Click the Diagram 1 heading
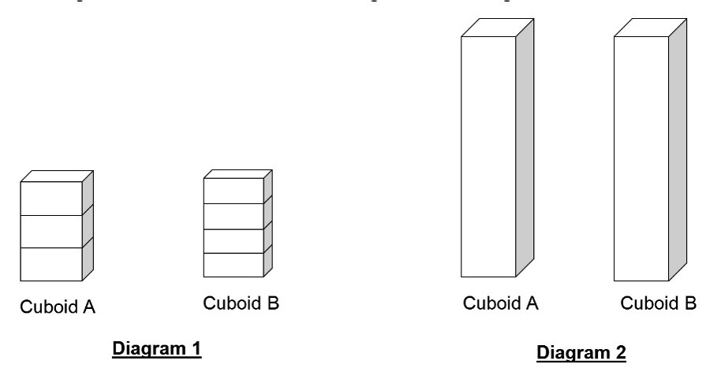(x=157, y=348)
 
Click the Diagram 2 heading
(x=581, y=352)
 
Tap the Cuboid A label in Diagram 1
(x=58, y=307)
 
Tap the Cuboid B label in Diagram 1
(x=241, y=303)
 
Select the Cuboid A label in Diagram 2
(x=500, y=303)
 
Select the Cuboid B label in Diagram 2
(x=658, y=303)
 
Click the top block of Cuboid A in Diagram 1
(x=50, y=199)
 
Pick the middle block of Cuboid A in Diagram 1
(x=50, y=232)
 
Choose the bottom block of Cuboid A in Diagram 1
(x=50, y=264)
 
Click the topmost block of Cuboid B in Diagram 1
(x=233, y=191)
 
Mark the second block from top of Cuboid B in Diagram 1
(x=233, y=216)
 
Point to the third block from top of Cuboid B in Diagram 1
(x=233, y=240)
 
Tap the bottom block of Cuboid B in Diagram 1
(x=233, y=265)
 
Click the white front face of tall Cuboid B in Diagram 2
(x=641, y=158)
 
